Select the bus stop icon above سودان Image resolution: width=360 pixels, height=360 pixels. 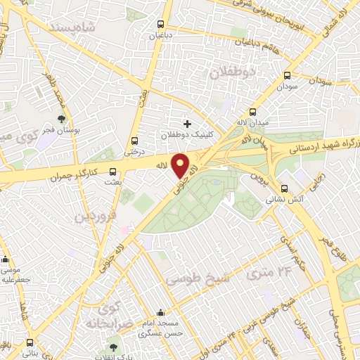(286, 76)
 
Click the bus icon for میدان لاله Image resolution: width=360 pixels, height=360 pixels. (253, 112)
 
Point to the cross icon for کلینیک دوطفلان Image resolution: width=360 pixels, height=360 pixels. (186, 124)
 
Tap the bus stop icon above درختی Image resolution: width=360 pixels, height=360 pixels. (134, 140)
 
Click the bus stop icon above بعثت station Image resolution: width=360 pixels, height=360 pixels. (112, 171)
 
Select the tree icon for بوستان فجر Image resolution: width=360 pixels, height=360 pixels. (61, 120)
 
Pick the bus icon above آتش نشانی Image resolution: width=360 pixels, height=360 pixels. (285, 188)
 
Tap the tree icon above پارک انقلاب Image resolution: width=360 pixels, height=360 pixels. (113, 347)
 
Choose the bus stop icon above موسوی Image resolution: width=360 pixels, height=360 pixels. (6, 259)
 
